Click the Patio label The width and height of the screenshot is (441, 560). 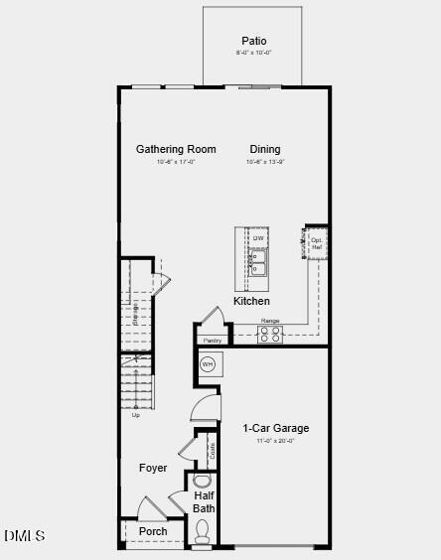pos(253,41)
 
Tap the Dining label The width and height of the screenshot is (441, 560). pos(265,149)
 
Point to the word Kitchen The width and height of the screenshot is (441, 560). pos(251,301)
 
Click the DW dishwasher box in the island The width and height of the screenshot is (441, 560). pos(258,238)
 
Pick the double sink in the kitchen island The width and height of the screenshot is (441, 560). pos(258,262)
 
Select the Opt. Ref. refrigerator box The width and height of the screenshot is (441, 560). pos(317,242)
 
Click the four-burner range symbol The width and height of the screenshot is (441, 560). pos(270,335)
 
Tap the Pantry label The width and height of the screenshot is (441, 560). pos(213,341)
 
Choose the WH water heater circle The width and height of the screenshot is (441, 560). pos(208,365)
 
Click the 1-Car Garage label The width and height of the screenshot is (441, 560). pos(276,428)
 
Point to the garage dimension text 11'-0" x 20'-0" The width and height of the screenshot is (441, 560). pos(276,440)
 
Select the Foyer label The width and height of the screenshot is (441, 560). pos(153,468)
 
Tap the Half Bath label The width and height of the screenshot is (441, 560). pos(205,501)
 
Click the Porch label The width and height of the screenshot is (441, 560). pos(153,531)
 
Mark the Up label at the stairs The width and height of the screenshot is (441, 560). pos(136,415)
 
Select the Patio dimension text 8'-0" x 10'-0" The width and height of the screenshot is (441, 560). pos(253,53)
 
